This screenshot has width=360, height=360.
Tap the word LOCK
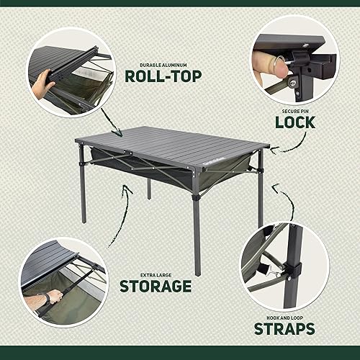[x=294, y=122]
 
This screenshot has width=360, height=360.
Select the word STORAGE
[x=155, y=286]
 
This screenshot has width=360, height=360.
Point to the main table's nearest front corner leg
[x=197, y=230]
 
